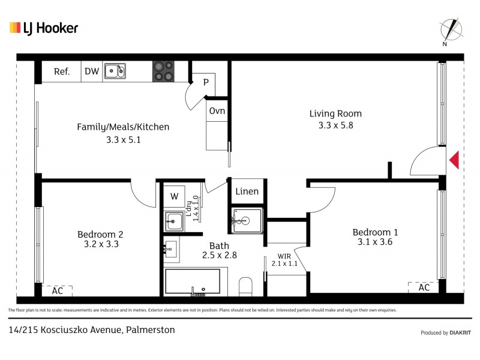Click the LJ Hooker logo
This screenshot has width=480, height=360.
point(44,28)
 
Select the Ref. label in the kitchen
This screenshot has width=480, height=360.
point(62,71)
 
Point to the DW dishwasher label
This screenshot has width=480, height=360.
point(91,71)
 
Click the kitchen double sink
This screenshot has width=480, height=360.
point(115,71)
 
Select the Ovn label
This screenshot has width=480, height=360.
point(217,111)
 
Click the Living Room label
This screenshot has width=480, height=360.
point(335,113)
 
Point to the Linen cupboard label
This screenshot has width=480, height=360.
point(247,192)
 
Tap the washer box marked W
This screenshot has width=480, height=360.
point(174,196)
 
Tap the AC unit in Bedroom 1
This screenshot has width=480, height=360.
point(424,287)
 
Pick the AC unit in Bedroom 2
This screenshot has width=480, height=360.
point(58,290)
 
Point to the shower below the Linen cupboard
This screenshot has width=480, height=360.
point(246,221)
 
